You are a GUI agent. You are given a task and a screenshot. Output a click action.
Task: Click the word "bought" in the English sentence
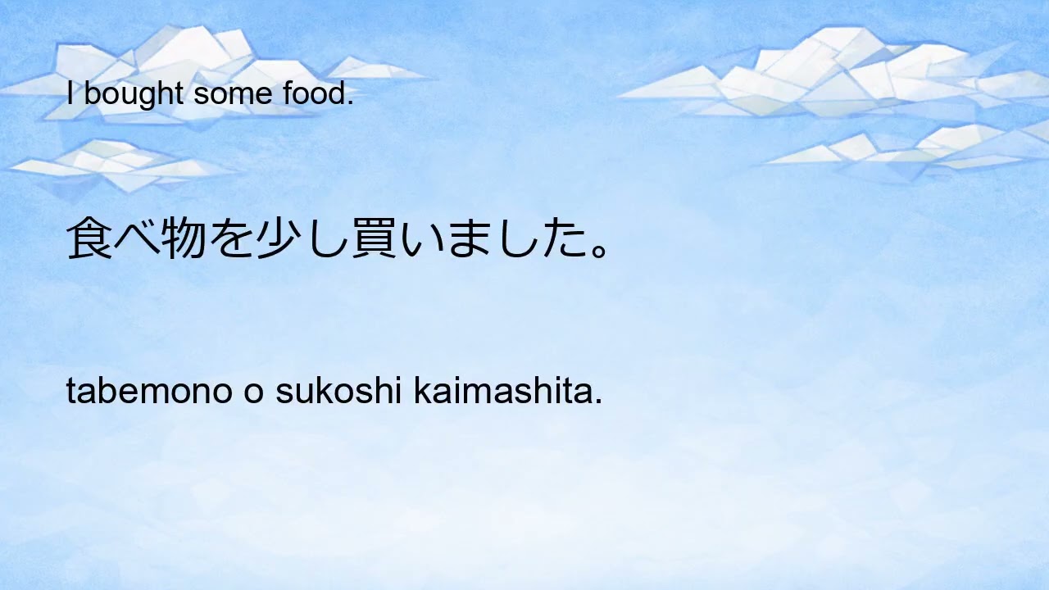click(134, 95)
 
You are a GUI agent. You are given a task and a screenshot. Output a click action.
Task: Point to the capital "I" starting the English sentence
click(70, 95)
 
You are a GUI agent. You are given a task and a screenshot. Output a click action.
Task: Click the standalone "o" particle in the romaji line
click(253, 394)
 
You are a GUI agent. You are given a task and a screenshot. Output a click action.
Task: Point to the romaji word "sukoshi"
click(339, 393)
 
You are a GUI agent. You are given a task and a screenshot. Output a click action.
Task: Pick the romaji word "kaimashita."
click(507, 393)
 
